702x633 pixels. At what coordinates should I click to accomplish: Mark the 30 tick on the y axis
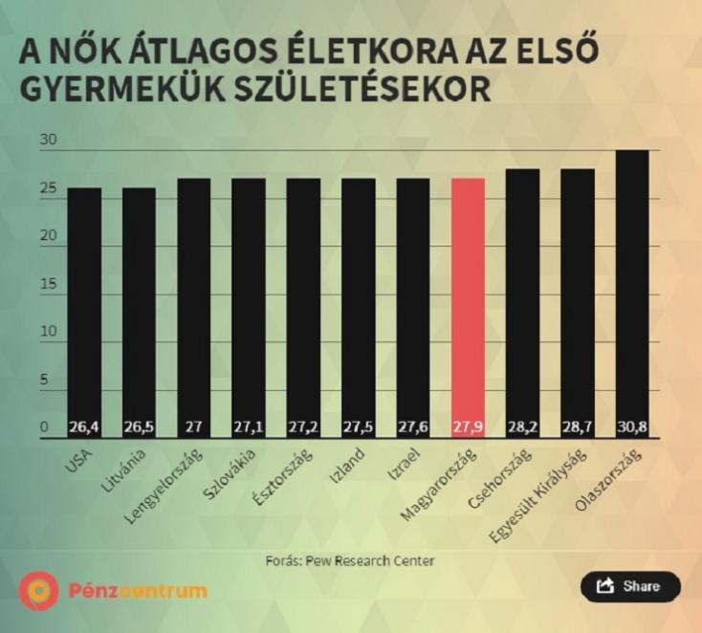click(x=49, y=141)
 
